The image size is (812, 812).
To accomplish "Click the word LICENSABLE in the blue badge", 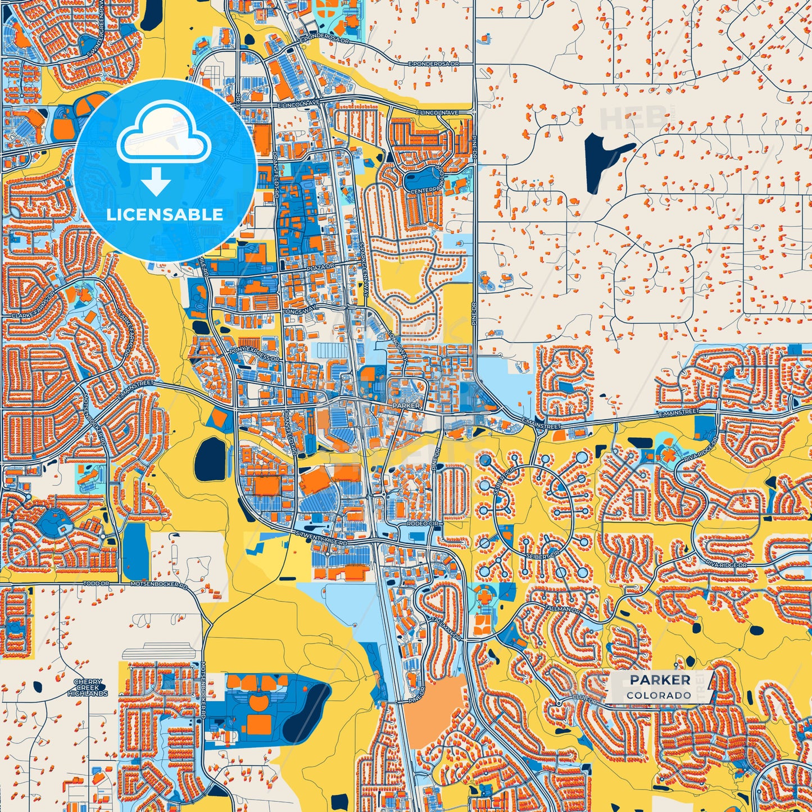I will coord(165,215).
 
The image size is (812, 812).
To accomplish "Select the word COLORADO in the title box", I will coord(659,695).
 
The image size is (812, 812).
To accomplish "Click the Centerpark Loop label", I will coord(428,190).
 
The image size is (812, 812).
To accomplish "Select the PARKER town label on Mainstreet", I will coord(406,405).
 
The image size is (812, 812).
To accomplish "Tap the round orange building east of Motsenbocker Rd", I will coord(259,703).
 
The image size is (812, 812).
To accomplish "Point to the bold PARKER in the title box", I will coord(660,680).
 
